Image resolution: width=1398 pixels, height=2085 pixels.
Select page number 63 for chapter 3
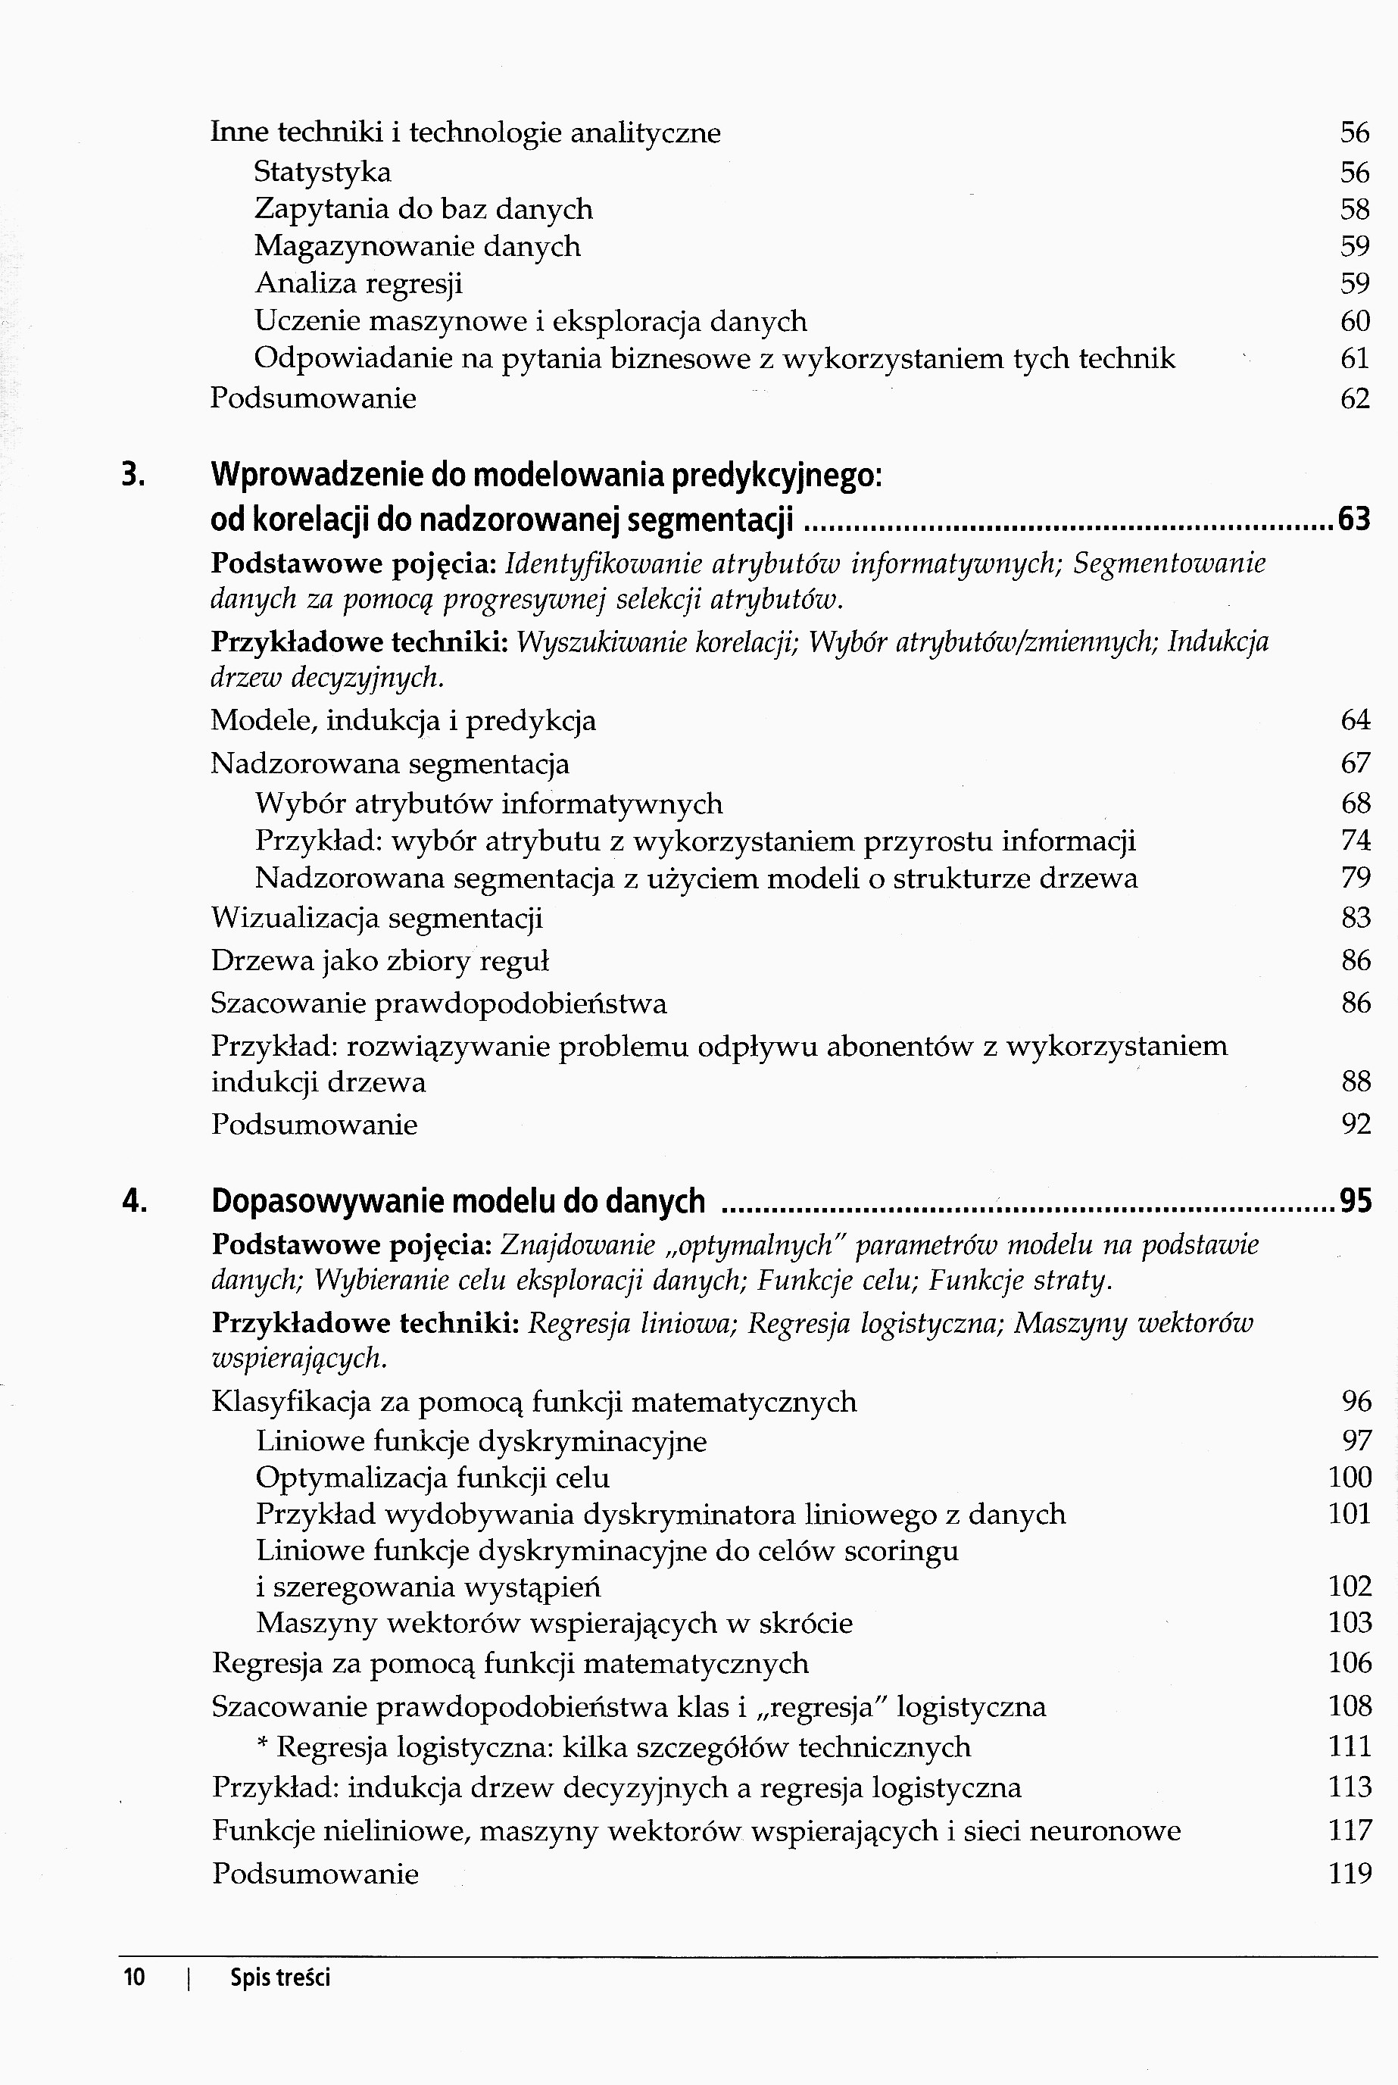(x=1354, y=519)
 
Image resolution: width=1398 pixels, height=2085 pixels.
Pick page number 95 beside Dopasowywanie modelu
(x=1355, y=1202)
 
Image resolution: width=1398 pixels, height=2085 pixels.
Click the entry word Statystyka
(x=323, y=171)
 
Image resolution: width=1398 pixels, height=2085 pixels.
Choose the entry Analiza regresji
(x=358, y=283)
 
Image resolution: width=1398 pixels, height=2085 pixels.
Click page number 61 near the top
(x=1354, y=358)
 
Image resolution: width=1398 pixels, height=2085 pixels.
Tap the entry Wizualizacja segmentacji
(x=376, y=917)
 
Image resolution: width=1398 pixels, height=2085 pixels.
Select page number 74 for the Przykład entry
(x=1355, y=841)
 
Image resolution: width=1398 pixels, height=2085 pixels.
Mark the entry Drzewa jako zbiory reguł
(x=380, y=960)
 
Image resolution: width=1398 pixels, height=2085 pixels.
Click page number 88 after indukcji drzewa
(x=1355, y=1082)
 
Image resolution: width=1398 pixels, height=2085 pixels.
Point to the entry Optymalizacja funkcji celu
(x=432, y=1478)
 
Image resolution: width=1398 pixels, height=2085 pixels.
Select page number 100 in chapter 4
(x=1349, y=1477)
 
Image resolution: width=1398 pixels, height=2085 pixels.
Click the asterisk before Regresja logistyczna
(x=262, y=1743)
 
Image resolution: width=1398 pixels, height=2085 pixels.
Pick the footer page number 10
(x=134, y=1978)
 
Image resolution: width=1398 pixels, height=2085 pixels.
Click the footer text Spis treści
(x=280, y=1978)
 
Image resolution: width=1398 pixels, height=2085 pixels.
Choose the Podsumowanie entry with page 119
(x=315, y=1874)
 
